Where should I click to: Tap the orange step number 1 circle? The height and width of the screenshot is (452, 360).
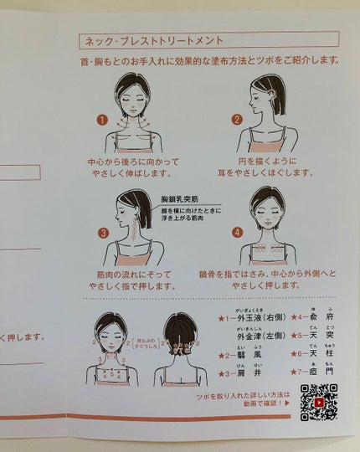(102, 120)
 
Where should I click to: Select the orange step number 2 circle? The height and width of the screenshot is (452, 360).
(237, 120)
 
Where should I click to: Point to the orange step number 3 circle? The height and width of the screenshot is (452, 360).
(104, 233)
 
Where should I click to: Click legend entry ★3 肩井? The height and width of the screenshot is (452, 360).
(239, 374)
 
